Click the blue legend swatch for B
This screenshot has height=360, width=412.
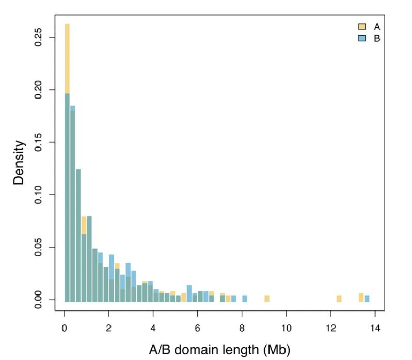362,38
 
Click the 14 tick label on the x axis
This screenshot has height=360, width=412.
375,327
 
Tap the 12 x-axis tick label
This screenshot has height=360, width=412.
331,327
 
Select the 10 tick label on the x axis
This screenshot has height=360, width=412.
287,327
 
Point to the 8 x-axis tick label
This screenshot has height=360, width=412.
242,327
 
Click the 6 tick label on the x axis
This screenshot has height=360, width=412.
198,327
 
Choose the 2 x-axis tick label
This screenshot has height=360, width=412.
109,327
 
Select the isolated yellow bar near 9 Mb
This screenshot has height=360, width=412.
267,298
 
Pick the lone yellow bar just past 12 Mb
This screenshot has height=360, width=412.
339,298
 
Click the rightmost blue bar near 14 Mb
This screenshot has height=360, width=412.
367,298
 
